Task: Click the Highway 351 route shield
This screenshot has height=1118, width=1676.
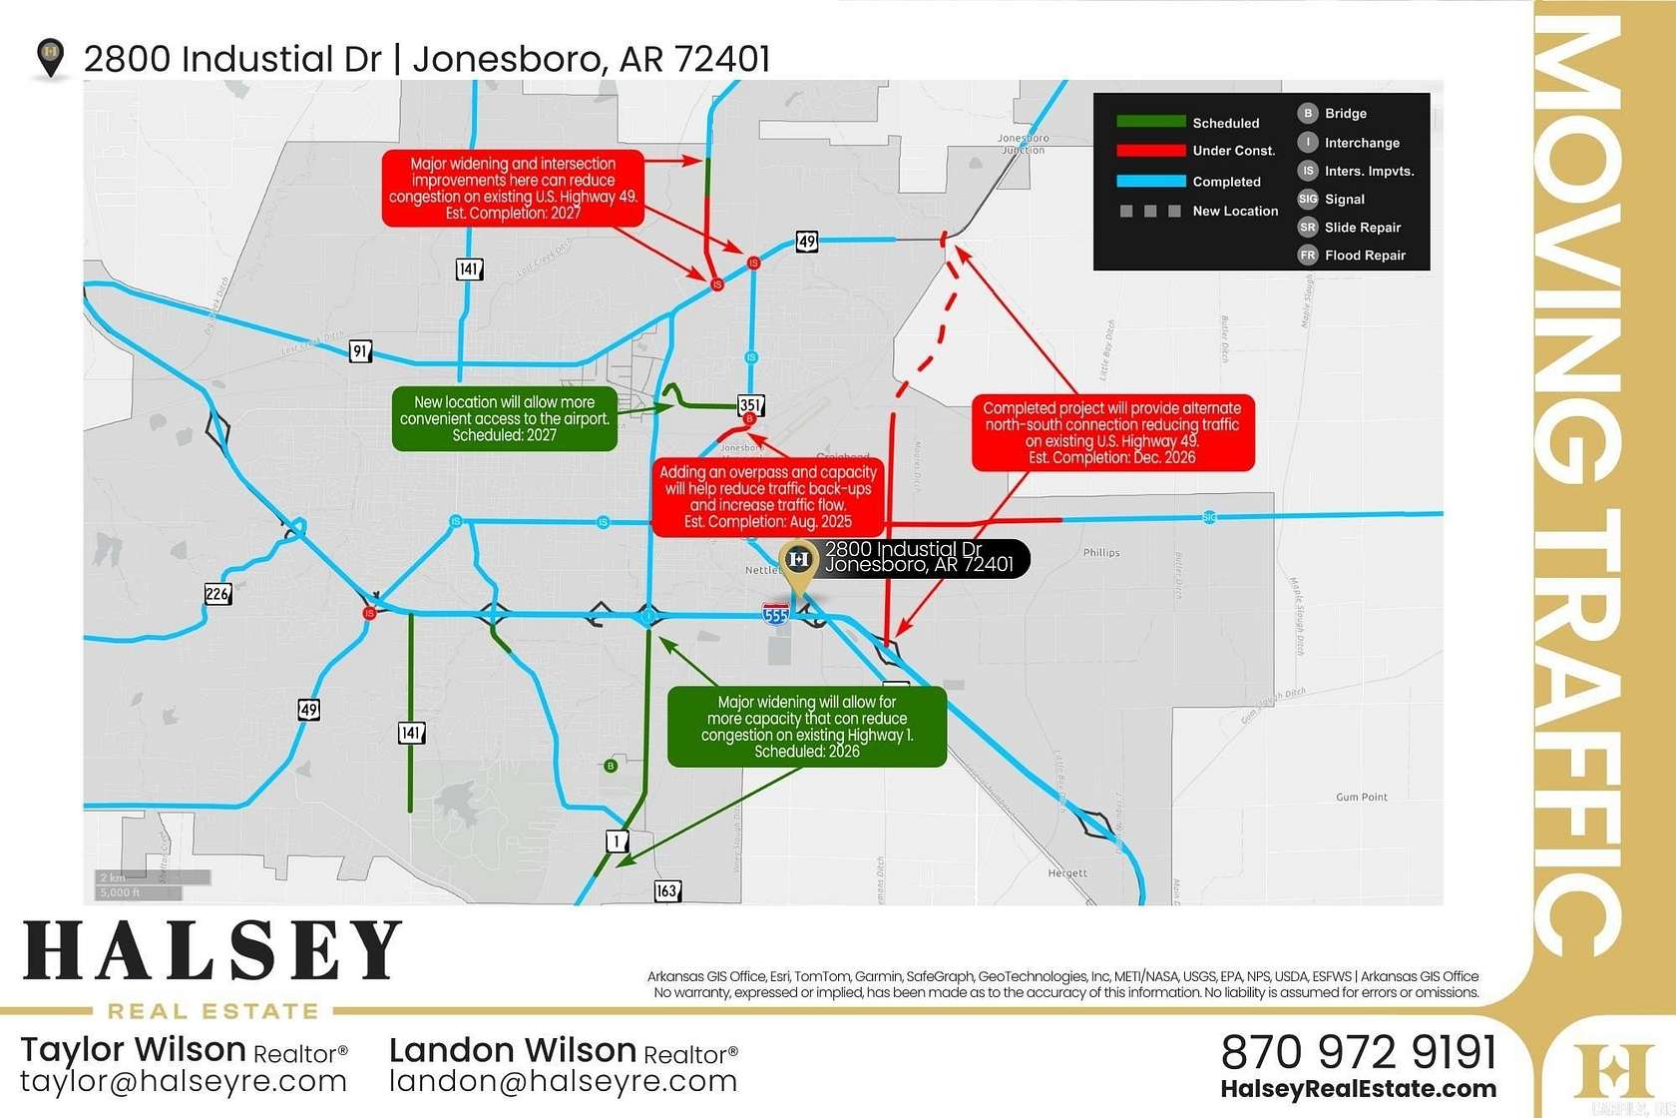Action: [750, 405]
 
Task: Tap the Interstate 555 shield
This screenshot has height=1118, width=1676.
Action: [775, 613]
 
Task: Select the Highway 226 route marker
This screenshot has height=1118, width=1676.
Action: [217, 594]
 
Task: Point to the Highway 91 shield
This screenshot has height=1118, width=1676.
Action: [360, 350]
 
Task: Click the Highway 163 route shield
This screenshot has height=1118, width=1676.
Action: [666, 890]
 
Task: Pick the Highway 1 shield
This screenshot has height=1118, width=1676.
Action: [618, 840]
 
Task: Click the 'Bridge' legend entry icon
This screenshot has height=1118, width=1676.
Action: [1308, 114]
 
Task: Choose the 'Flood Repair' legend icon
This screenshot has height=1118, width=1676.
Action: [1308, 256]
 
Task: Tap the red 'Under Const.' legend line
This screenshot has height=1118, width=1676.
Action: [1150, 151]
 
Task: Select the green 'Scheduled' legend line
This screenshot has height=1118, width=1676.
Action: [1150, 122]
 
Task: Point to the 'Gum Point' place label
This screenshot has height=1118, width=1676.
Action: [1361, 797]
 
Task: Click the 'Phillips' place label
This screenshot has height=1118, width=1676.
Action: [1101, 552]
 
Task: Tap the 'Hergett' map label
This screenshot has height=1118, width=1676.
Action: [1067, 872]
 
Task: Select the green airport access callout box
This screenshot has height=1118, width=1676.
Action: [504, 418]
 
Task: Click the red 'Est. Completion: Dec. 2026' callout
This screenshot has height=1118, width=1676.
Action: [1112, 433]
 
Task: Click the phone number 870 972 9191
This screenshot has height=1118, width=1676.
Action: [1359, 1052]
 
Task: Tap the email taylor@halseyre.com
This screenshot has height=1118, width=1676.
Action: [184, 1081]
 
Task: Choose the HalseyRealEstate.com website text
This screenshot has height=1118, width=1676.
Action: [1359, 1089]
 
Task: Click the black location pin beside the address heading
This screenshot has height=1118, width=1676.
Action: [50, 58]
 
